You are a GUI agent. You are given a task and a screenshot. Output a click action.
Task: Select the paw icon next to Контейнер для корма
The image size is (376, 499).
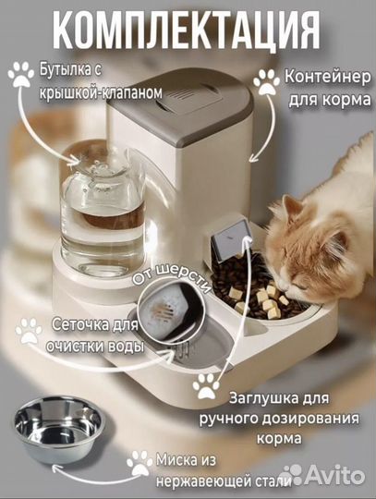pyautogui.click(x=267, y=82)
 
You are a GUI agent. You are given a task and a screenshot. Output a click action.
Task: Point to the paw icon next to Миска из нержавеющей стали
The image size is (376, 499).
pyautogui.click(x=139, y=461)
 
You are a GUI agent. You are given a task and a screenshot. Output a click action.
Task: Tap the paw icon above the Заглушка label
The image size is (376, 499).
pyautogui.click(x=205, y=383)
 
